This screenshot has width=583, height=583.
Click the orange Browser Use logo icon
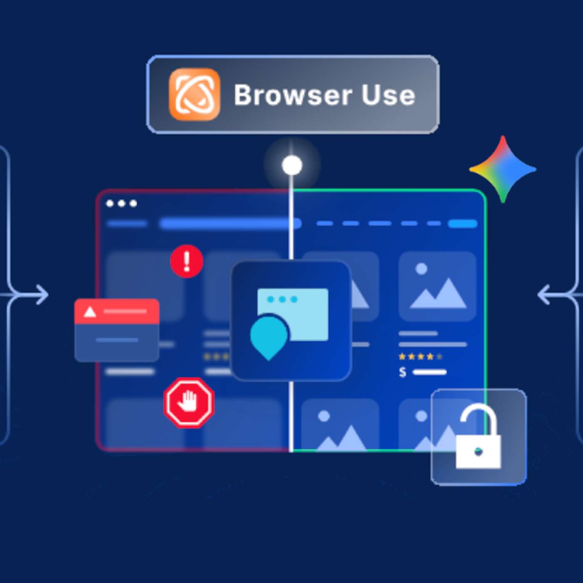[194, 95]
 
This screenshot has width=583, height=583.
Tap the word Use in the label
[388, 95]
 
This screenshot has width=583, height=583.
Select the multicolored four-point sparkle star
[503, 169]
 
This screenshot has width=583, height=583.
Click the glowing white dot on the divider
[292, 165]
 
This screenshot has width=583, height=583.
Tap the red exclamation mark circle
[187, 261]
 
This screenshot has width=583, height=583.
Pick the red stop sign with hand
[189, 402]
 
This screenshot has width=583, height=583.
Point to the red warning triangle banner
[117, 311]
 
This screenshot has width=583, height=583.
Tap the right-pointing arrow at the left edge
[41, 295]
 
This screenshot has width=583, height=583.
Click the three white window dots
[122, 203]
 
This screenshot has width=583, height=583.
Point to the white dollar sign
[402, 372]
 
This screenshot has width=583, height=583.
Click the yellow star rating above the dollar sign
[420, 356]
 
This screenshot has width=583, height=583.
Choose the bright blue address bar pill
[230, 224]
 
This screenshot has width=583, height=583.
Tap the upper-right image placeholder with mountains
[437, 286]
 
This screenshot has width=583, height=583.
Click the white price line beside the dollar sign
[429, 372]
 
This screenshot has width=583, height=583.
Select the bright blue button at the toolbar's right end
[463, 224]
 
